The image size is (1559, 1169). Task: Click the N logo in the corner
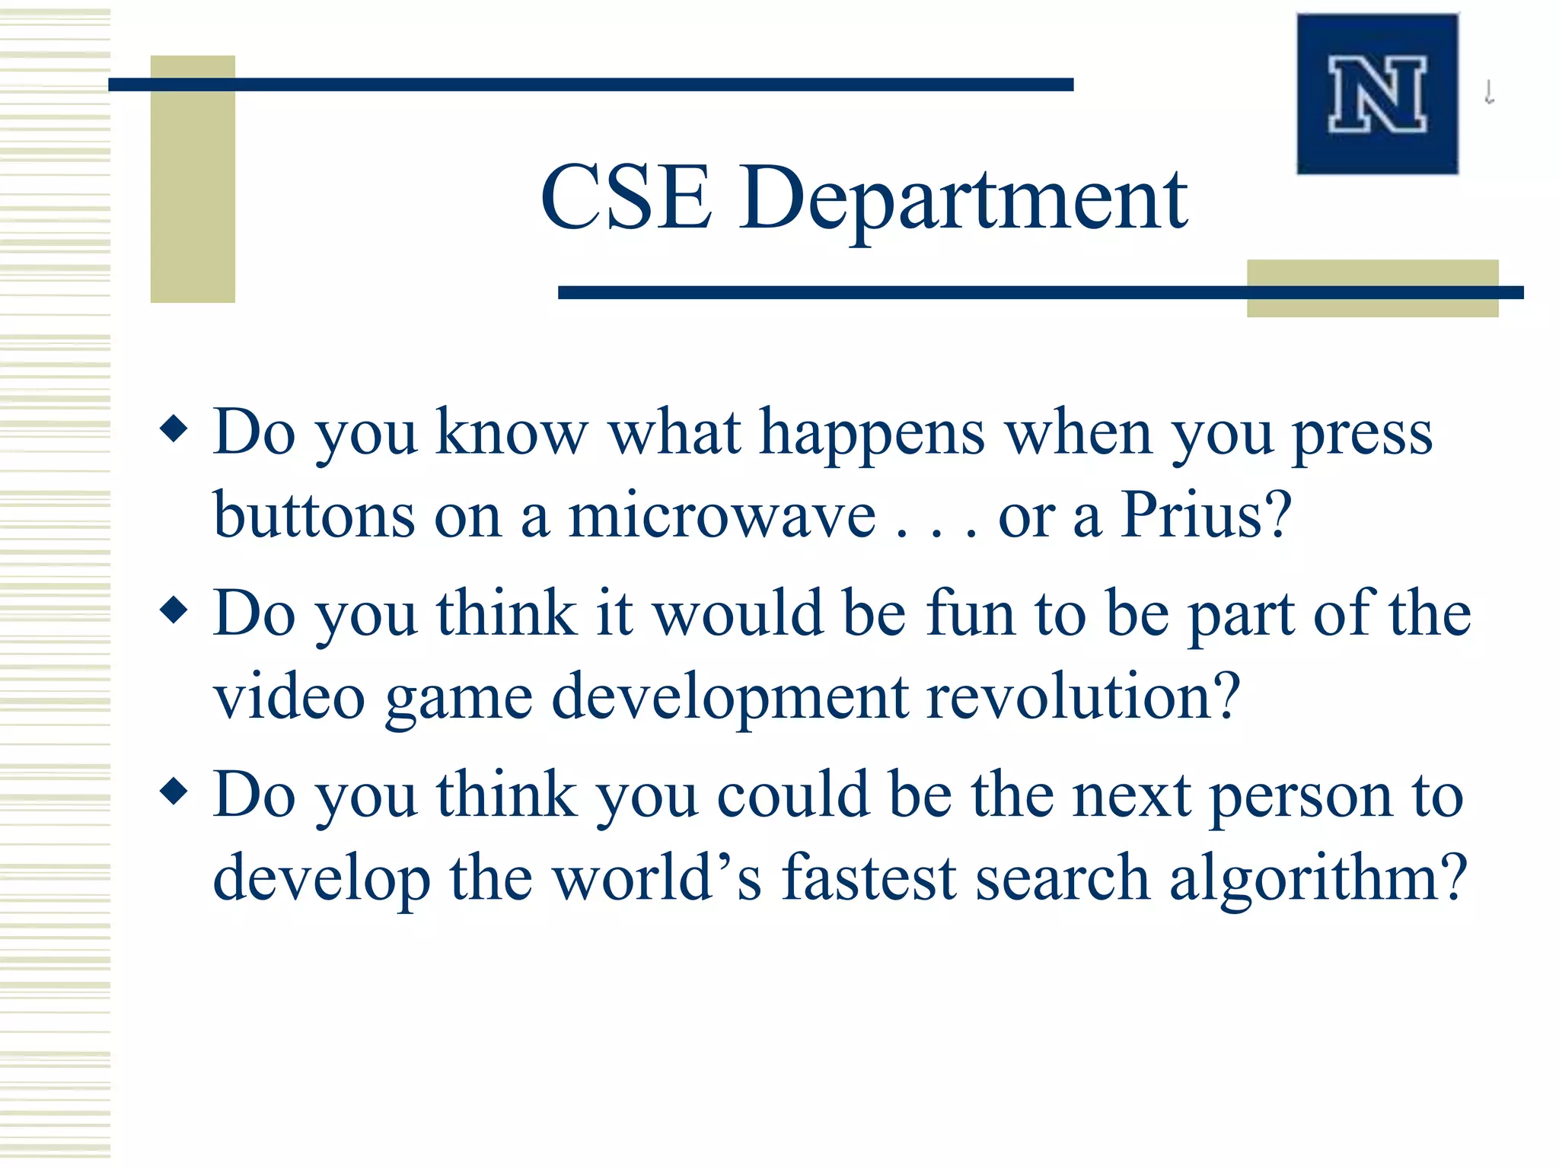coord(1377,94)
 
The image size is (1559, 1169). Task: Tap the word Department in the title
coord(963,199)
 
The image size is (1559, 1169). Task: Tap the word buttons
coord(314,516)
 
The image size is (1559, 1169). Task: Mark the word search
coord(1062,878)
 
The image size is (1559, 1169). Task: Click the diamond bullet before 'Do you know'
coord(174,428)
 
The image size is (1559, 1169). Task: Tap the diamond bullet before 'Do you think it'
coord(174,609)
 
